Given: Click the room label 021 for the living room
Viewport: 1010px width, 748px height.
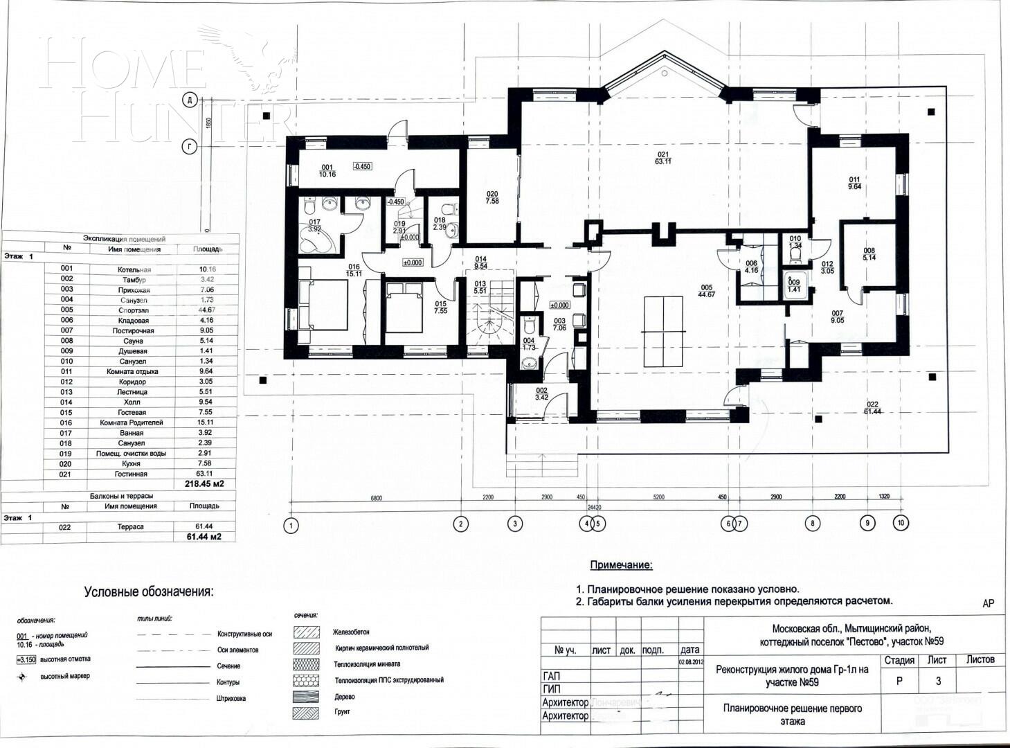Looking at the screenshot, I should point(663,157).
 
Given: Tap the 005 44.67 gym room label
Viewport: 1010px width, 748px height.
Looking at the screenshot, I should point(706,290).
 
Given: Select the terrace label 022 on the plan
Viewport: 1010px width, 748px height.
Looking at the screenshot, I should point(871,407).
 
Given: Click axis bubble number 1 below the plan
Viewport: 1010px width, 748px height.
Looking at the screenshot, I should point(291,526).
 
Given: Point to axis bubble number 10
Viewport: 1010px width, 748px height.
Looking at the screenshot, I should point(900,523).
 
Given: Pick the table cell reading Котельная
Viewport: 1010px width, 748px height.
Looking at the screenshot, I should point(134,269).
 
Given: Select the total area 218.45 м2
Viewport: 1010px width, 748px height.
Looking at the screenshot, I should point(204,484).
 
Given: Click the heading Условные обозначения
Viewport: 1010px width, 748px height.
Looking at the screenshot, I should point(149,592).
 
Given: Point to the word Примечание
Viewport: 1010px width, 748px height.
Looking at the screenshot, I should point(621,565).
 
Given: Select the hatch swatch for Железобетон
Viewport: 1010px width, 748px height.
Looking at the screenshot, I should point(306,632).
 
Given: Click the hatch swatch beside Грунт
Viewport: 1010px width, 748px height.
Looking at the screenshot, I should point(306,712).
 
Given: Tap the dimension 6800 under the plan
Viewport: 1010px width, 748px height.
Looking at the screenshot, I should point(376,497).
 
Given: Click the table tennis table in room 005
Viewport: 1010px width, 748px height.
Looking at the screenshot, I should point(663,332).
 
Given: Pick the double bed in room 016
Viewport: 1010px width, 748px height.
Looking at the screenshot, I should point(323,305).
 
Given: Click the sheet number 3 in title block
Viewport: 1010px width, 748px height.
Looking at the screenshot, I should point(938,681).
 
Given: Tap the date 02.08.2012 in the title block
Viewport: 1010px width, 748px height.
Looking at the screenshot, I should point(691,662).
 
